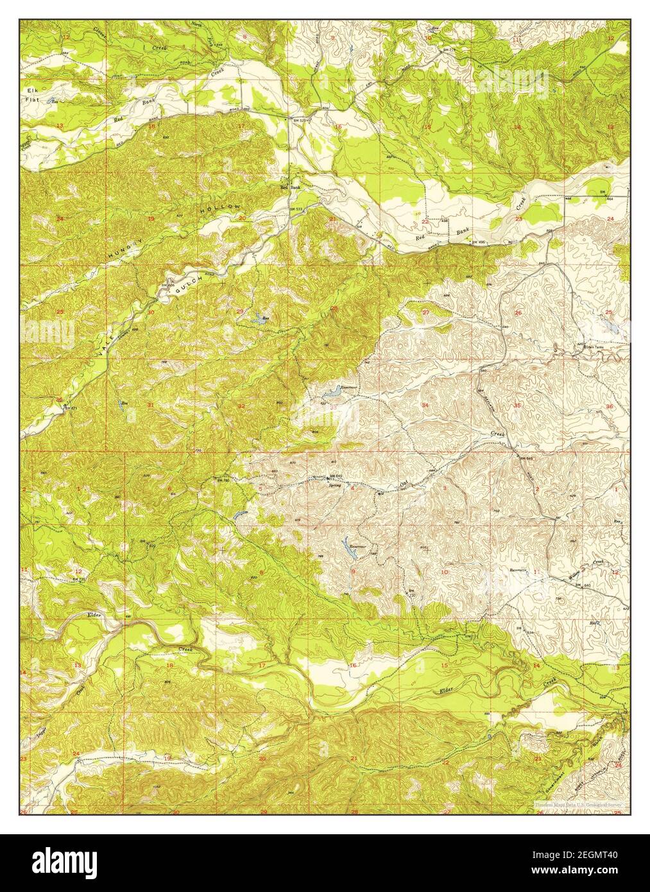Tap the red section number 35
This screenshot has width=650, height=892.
coord(517,406)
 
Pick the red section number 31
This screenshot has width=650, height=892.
coord(150,406)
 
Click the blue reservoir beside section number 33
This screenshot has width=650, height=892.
coord(333,392)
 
